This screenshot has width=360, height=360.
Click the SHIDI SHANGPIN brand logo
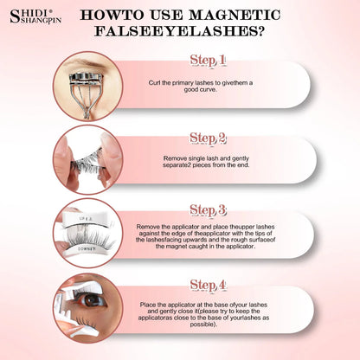pos(35,16)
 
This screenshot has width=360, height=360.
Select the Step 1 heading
pos(208,61)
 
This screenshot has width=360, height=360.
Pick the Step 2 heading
pos(208,138)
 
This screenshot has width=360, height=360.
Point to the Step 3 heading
pos(208,210)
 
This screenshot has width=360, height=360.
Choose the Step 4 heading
pos(208,285)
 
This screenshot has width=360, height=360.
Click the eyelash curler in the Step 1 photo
pos(86,92)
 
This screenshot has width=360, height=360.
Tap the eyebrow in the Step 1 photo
pos(87,61)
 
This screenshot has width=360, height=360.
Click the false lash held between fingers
pos(87,164)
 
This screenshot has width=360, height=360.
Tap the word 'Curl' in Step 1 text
pos(155,83)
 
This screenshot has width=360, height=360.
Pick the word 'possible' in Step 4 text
pos(202,325)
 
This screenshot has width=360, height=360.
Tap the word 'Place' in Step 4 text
pos(148,305)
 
